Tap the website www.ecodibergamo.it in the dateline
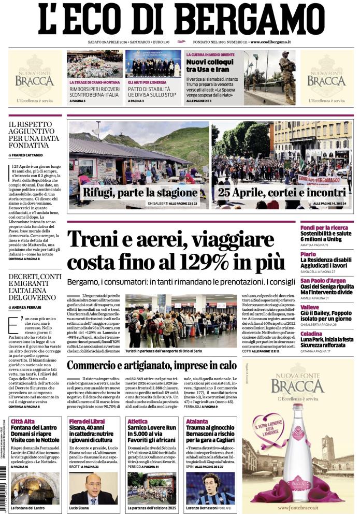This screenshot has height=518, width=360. pyautogui.click(x=270, y=41)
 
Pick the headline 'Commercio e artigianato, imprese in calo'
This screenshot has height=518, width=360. pyautogui.click(x=151, y=365)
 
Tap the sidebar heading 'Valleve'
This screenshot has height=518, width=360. pyautogui.click(x=310, y=307)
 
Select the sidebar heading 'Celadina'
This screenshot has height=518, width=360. pyautogui.click(x=312, y=334)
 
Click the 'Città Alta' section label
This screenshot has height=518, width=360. pyautogui.click(x=23, y=421)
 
